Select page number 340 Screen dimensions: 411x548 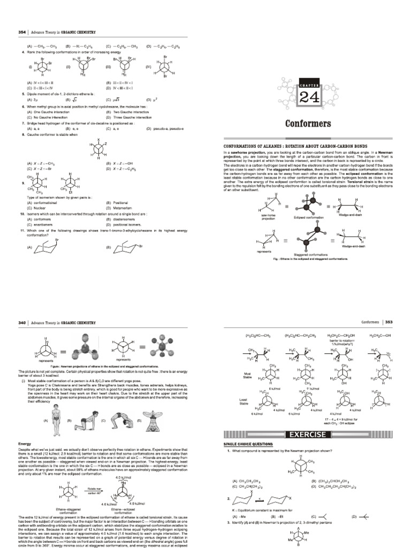22,323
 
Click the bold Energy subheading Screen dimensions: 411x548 25,444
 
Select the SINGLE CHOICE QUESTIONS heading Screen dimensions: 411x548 248,444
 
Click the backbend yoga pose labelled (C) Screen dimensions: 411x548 118,420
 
